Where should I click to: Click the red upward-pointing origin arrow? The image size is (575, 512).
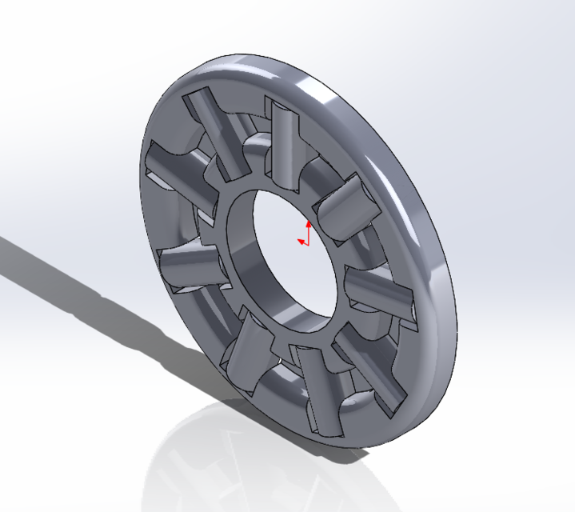pos(309,227)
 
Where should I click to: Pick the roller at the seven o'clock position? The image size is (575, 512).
pos(248,352)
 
